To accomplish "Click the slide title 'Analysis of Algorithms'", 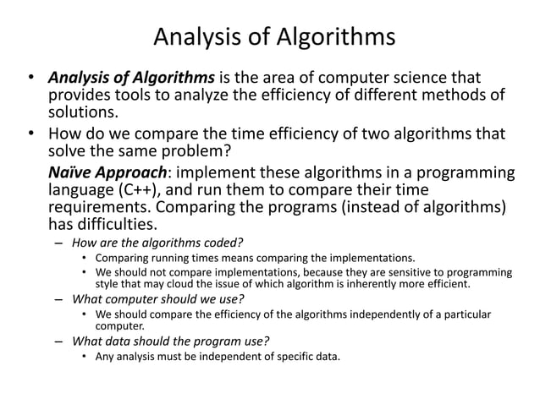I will click(x=274, y=38).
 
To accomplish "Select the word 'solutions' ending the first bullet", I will click(x=82, y=113).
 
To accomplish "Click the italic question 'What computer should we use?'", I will click(x=159, y=299).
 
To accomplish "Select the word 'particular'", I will click(x=464, y=314).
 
